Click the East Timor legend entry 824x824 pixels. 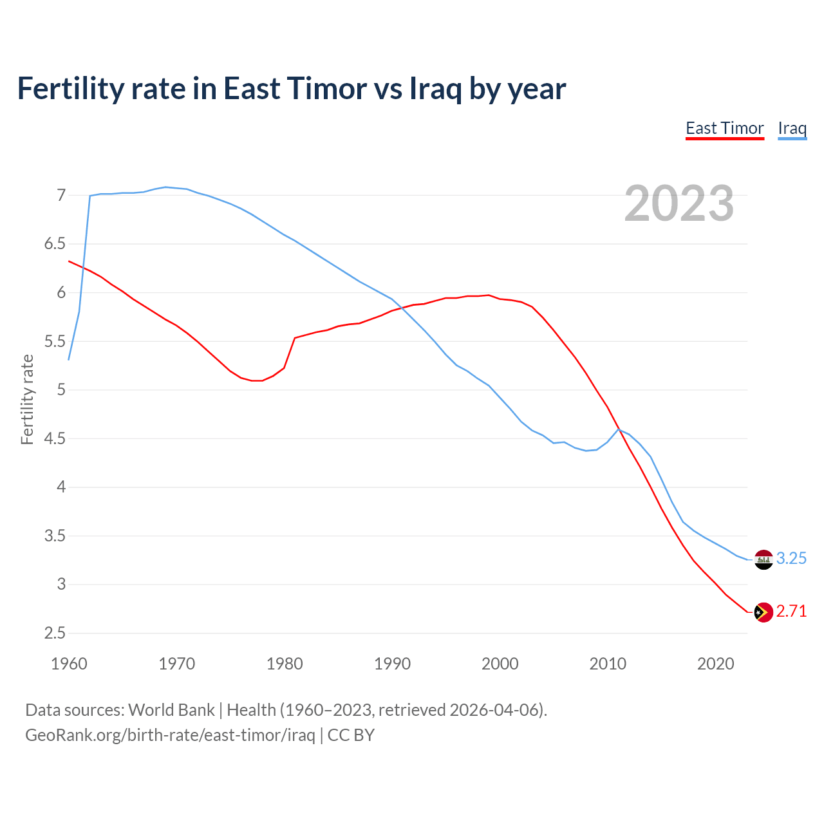(x=724, y=128)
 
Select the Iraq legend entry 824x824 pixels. (x=792, y=128)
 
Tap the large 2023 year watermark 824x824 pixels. (x=679, y=203)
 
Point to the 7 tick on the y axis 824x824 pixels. (x=61, y=195)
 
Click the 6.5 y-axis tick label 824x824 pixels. (x=55, y=244)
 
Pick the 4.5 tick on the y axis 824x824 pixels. (x=55, y=439)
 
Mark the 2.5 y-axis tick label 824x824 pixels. (x=55, y=633)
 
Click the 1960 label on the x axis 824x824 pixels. (x=69, y=664)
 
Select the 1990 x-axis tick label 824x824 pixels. (x=392, y=664)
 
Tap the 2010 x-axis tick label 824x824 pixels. (x=608, y=664)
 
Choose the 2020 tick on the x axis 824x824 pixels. (x=715, y=664)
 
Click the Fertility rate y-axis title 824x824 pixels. (x=27, y=399)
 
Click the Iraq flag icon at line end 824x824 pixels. (x=763, y=559)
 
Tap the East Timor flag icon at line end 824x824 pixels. (x=763, y=612)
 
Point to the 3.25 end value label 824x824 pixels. (x=791, y=559)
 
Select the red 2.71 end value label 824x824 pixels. (x=791, y=612)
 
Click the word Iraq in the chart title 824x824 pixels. (x=435, y=88)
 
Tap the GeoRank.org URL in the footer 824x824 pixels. (x=170, y=735)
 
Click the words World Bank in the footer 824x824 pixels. (x=171, y=710)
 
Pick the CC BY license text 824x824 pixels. (x=351, y=735)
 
